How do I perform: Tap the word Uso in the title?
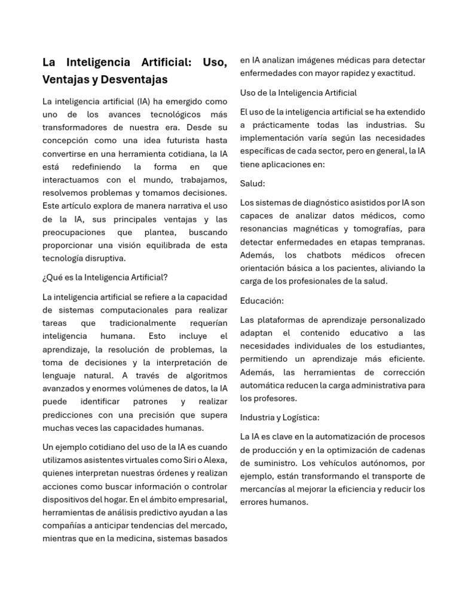pyautogui.click(x=214, y=62)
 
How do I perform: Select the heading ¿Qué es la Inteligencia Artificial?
pyautogui.click(x=105, y=277)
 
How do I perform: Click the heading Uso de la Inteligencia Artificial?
pyautogui.click(x=298, y=92)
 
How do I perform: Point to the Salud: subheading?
pyautogui.click(x=252, y=183)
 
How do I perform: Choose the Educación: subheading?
pyautogui.click(x=262, y=300)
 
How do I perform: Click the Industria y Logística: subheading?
pyautogui.click(x=280, y=417)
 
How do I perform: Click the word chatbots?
pyautogui.click(x=326, y=255)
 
